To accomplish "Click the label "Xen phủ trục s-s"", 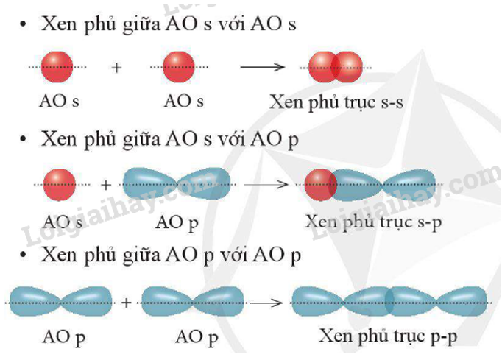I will pos(336,102).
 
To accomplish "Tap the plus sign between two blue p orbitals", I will pos(126,303).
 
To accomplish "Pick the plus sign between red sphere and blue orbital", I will pos(105,185).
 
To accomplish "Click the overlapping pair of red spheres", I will pos(336,67).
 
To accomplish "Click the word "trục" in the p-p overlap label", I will pos(408,337).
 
